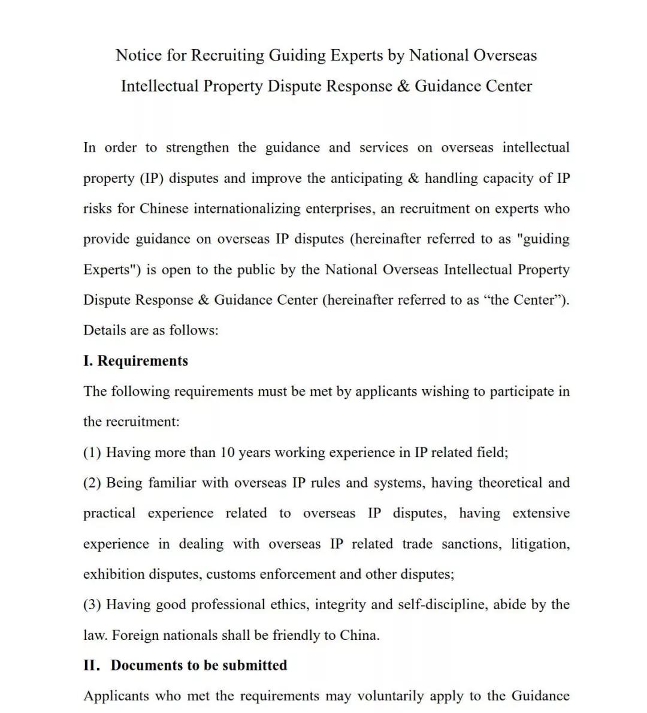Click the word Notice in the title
tap(139, 55)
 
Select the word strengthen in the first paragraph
tap(197, 148)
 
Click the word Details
tap(105, 330)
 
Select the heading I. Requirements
tap(135, 360)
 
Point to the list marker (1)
tap(92, 452)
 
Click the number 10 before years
tap(228, 452)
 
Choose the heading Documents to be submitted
tap(199, 665)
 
